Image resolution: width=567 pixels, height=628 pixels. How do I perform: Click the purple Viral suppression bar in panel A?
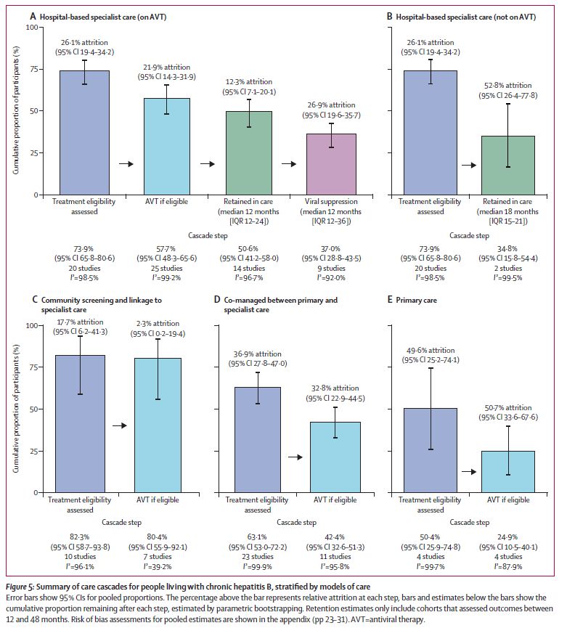point(330,164)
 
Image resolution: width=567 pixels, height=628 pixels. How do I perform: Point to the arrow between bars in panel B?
point(468,166)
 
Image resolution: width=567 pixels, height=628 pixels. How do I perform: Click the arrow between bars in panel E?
point(469,472)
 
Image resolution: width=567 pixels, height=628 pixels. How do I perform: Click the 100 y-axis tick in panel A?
point(32,28)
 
